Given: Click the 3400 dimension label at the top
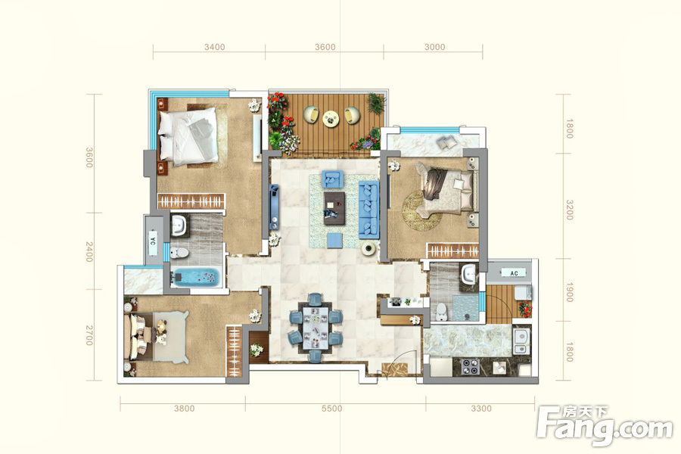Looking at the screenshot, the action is coord(215,47).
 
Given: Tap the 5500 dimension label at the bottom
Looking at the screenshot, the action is coord(332,409).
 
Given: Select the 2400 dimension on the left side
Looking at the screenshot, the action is coord(89,252).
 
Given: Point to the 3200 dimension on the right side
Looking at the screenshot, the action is coord(569,210).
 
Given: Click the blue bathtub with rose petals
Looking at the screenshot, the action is coord(196,278).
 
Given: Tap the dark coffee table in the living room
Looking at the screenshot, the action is coord(334,208).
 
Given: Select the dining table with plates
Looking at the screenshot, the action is coord(316,328).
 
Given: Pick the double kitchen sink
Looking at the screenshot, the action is coord(521,341).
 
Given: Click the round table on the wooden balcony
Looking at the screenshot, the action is coord(331,117).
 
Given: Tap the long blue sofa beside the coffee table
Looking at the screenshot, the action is coord(368,210).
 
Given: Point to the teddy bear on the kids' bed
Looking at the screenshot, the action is coord(161,332).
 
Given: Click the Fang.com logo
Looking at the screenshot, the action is coord(604,425).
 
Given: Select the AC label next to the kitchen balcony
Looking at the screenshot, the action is coord(515,273).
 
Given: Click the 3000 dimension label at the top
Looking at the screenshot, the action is coord(435,47).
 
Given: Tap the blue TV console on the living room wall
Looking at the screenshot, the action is coord(274,207).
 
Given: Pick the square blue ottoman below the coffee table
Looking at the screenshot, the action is coord(334,241).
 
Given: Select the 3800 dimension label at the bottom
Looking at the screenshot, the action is coord(185,409).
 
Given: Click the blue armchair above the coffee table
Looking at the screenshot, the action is coord(332,179).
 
